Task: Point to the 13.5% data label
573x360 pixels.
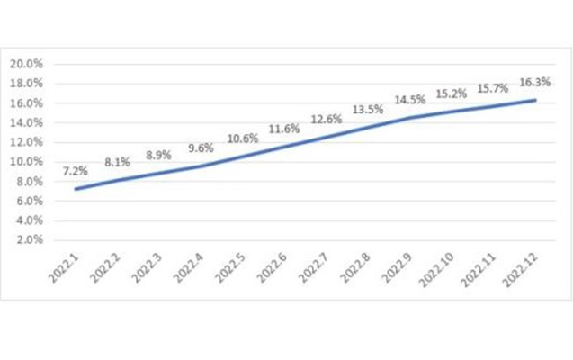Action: coord(369,110)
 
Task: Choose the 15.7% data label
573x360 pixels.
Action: coord(494,88)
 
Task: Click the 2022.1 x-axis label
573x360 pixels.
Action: coord(67,268)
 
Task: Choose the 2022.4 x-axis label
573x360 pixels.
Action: coord(192,268)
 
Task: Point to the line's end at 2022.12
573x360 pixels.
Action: coord(536,100)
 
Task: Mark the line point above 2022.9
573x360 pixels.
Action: coord(410,118)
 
